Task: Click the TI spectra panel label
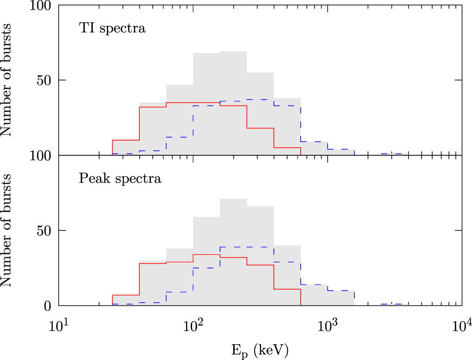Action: tap(112, 29)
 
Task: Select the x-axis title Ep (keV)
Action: tap(260, 350)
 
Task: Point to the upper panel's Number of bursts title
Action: tap(8, 80)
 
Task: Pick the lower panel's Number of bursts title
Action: tap(8, 230)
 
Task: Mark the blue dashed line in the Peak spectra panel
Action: tap(247, 247)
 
